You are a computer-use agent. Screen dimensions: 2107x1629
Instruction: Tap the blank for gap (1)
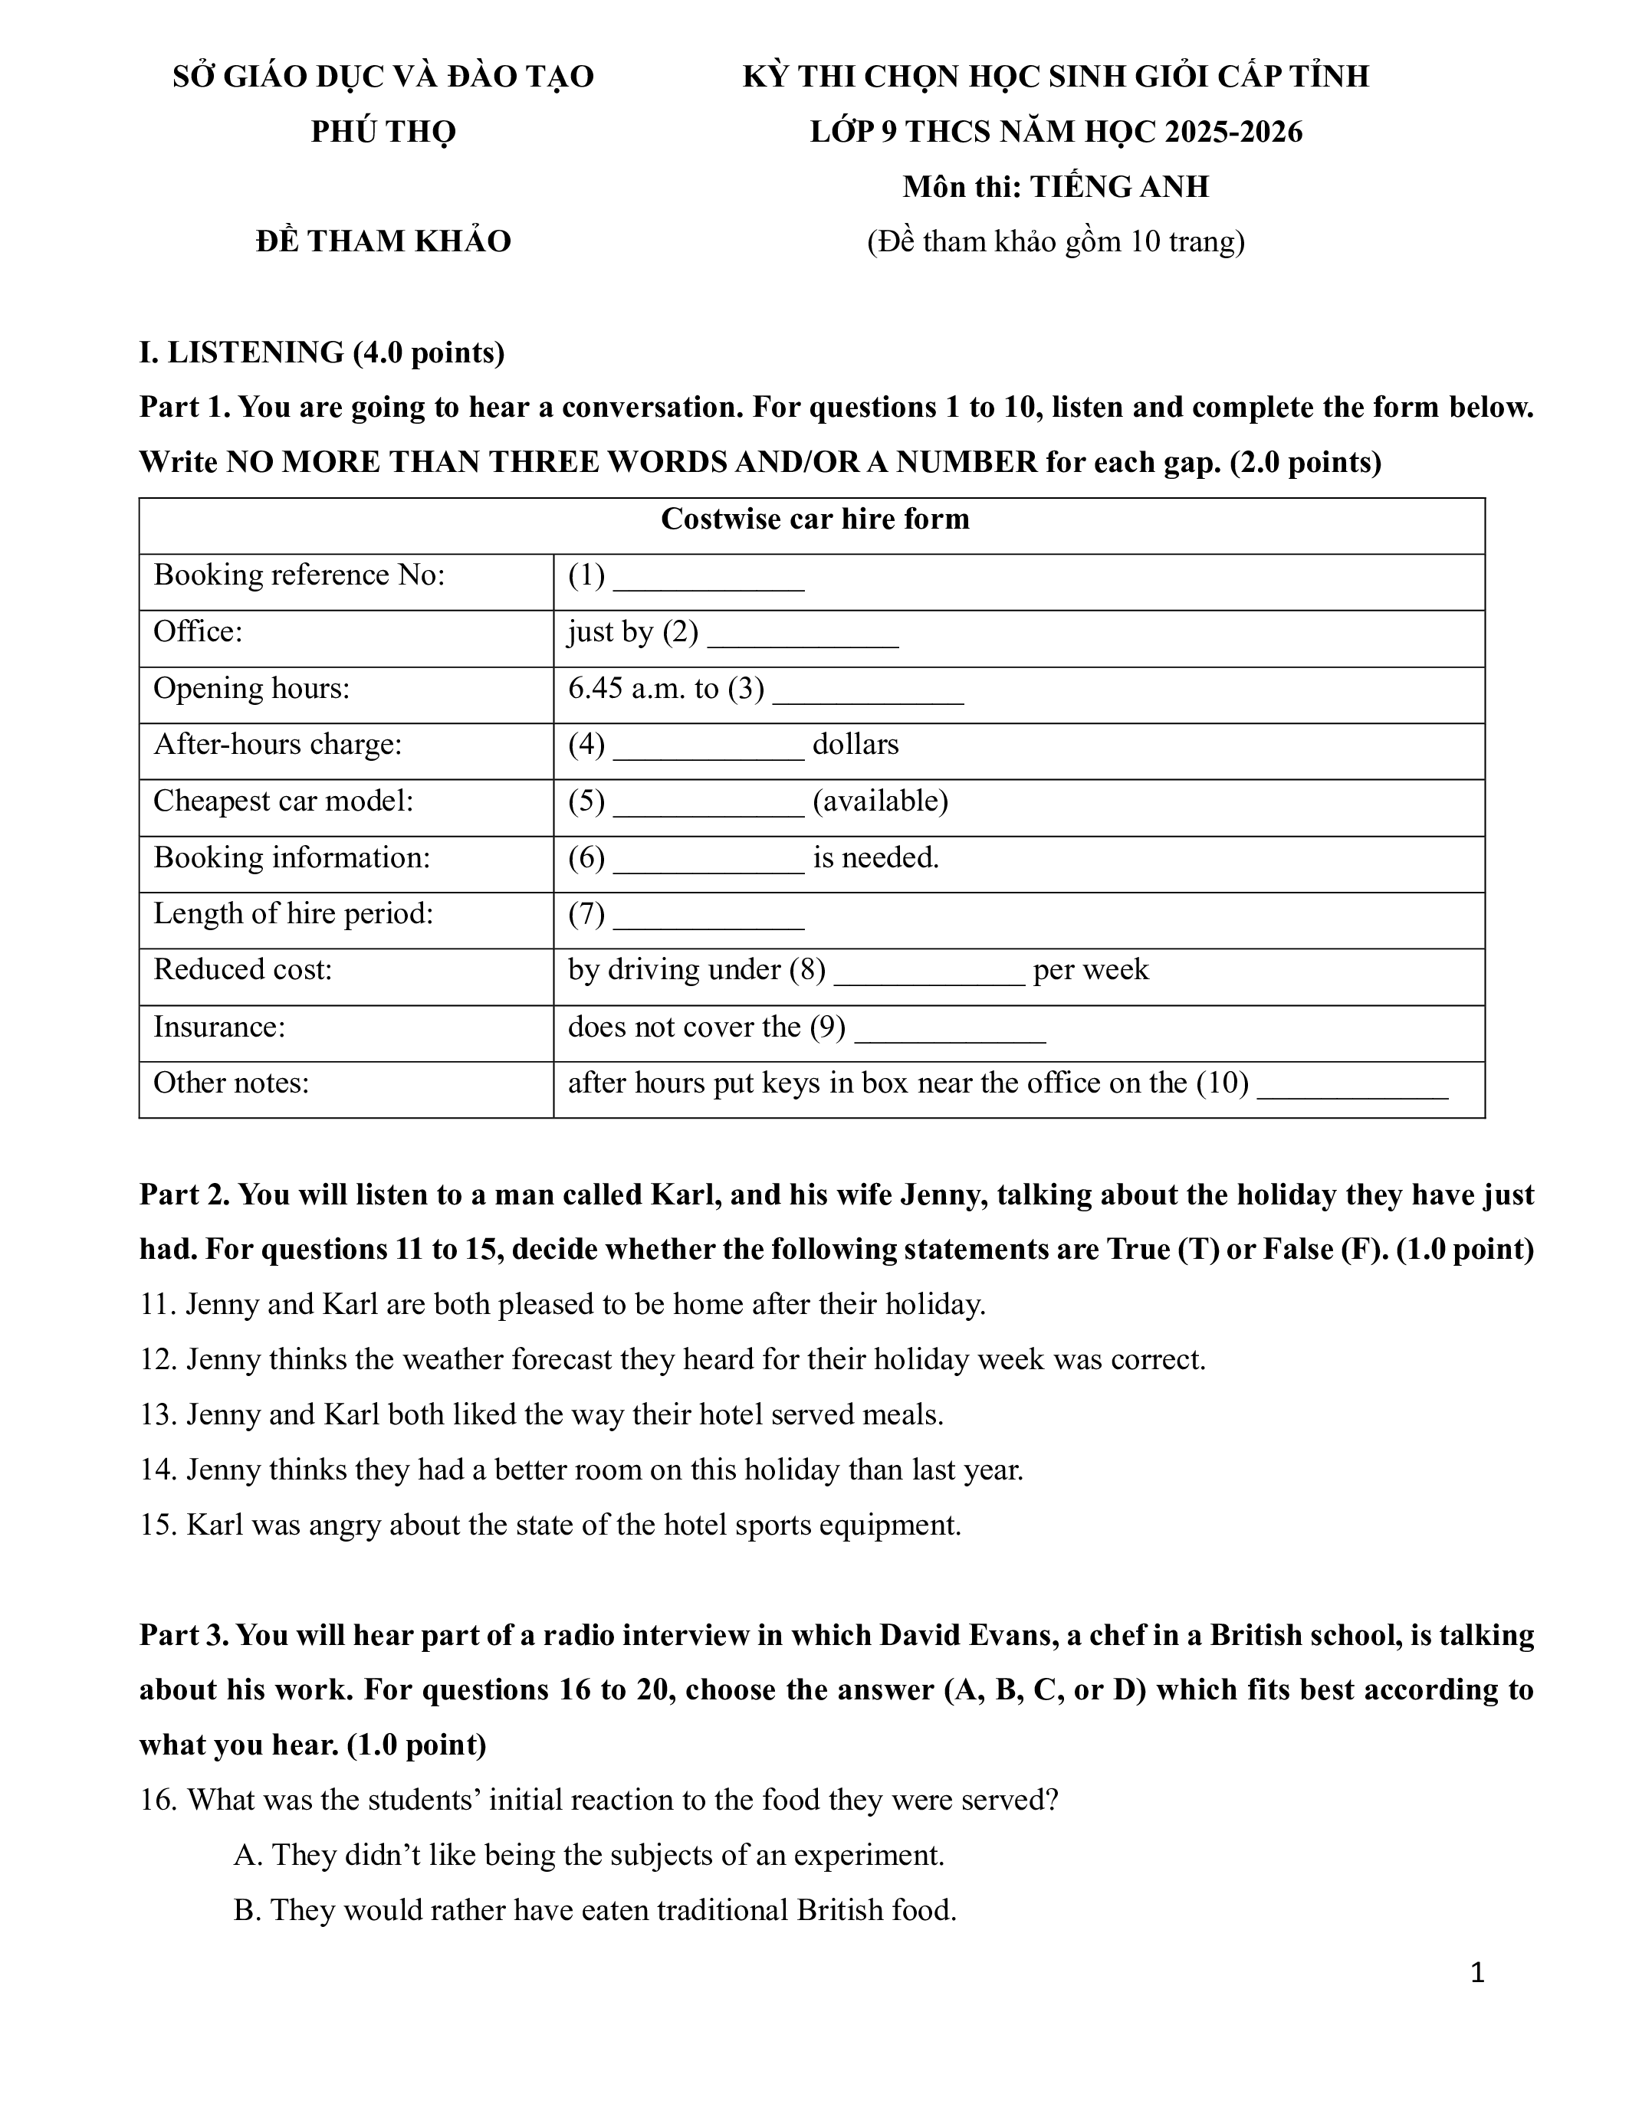(x=708, y=578)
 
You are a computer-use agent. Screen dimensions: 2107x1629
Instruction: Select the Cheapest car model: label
(x=283, y=801)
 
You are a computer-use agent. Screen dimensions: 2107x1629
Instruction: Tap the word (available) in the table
(x=880, y=801)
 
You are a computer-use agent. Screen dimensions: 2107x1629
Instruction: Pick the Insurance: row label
(x=219, y=1027)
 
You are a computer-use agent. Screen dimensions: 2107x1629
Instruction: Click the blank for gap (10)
(x=1352, y=1087)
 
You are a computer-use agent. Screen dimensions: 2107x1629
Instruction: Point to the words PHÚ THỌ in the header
(x=383, y=131)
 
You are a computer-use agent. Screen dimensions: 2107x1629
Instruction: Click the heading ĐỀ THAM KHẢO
(x=383, y=241)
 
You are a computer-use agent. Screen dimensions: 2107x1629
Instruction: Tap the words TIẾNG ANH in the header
(x=1118, y=186)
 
